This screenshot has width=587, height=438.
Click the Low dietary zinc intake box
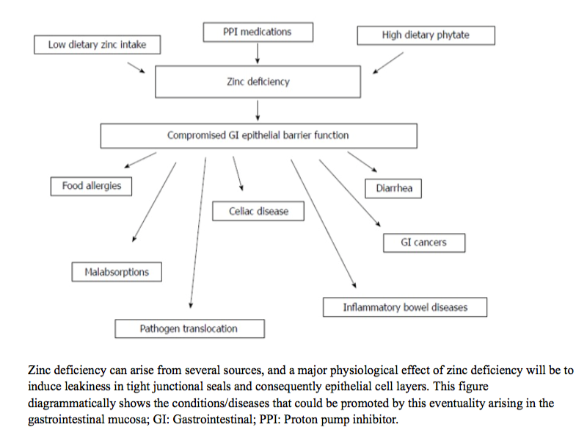tap(97, 45)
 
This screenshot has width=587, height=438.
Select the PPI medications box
tap(257, 32)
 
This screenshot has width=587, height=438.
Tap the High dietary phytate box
tap(426, 35)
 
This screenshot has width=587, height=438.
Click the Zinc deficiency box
tap(258, 82)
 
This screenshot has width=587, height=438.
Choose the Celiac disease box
tap(258, 211)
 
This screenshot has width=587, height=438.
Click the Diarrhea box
tap(394, 188)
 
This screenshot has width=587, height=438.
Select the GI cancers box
tap(423, 242)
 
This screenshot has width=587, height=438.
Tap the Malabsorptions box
tap(116, 272)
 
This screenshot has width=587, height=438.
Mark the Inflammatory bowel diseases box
tap(404, 306)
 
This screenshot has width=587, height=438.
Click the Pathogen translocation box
tap(189, 328)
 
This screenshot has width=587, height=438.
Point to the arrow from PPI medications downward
tap(258, 53)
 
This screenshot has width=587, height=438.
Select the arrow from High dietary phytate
tap(388, 63)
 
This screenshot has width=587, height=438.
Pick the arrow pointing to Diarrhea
tap(362, 162)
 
